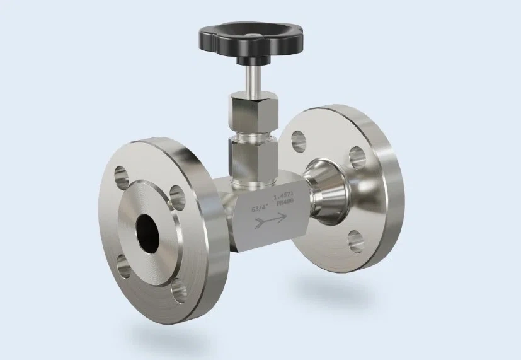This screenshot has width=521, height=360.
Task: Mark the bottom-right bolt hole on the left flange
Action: [179, 291]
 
